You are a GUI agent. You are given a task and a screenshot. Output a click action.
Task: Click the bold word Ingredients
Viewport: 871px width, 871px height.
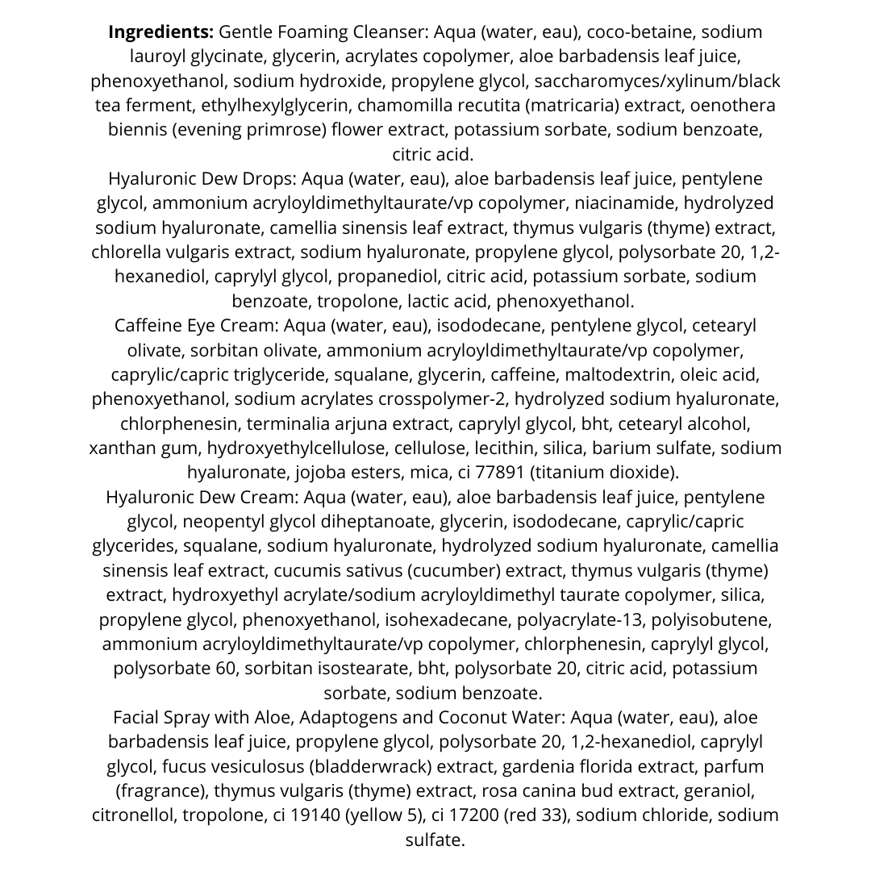(x=160, y=32)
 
